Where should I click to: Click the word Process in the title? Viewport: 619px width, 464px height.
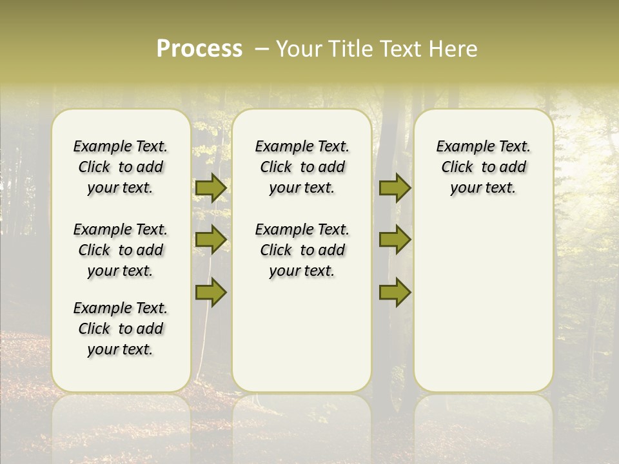(x=199, y=49)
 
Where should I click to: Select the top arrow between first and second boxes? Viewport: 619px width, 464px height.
(x=211, y=188)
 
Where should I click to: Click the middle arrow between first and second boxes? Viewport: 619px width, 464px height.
(x=211, y=240)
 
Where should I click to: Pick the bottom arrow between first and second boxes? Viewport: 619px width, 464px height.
(x=211, y=292)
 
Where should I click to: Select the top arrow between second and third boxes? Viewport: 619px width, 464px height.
(x=395, y=188)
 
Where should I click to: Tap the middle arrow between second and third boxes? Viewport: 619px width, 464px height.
(x=395, y=240)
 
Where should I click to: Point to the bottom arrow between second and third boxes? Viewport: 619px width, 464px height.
(x=395, y=292)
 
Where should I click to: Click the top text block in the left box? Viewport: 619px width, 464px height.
(x=121, y=167)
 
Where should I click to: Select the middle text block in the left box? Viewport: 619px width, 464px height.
(x=121, y=250)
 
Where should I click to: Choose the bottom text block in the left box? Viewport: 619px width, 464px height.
(x=121, y=329)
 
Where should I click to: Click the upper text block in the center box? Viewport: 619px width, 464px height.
(x=302, y=167)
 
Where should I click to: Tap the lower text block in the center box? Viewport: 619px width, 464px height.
(x=302, y=250)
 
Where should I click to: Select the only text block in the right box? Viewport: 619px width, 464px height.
(x=483, y=167)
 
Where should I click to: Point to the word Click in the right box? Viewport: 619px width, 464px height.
(x=457, y=168)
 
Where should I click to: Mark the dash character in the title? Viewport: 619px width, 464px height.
(x=262, y=49)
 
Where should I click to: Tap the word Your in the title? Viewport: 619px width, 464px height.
(x=299, y=49)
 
